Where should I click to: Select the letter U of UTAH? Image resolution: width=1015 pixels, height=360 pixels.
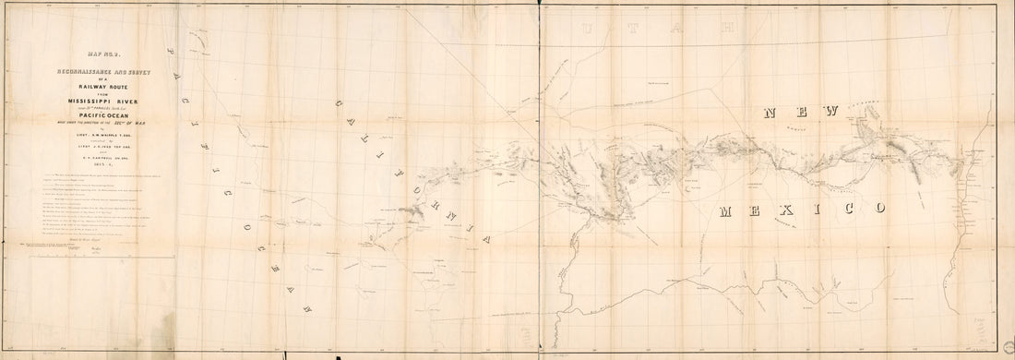(591, 30)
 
